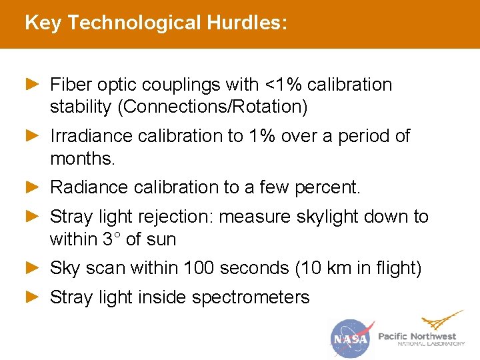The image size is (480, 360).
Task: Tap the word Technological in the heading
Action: [x=134, y=23]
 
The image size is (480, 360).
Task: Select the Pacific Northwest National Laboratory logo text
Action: [x=421, y=339]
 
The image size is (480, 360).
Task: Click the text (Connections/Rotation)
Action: [x=217, y=106]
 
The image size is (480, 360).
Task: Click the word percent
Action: [x=331, y=188]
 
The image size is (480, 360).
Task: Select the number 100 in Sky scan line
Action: [x=199, y=268]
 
